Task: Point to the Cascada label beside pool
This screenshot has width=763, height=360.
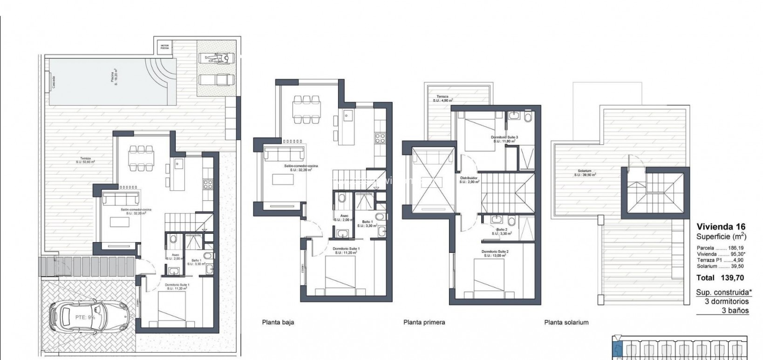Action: (54, 82)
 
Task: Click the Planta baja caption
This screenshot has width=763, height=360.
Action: (278, 322)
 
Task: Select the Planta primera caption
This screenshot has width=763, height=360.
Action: (424, 322)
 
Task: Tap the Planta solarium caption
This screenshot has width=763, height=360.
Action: (566, 322)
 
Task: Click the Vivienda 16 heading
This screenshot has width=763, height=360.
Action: (721, 227)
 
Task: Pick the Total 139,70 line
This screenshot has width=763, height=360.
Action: (720, 278)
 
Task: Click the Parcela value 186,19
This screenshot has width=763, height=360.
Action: (736, 248)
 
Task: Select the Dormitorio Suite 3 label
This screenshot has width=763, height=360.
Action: (504, 138)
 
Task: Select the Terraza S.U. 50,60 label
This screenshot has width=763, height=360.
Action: (85, 160)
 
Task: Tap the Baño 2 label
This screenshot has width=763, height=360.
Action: (502, 231)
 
